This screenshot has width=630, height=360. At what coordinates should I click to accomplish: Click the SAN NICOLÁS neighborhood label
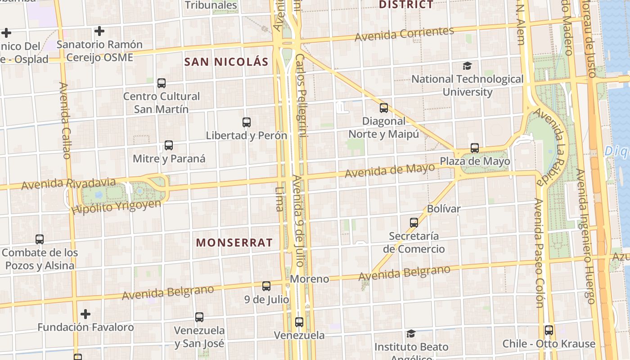(x=226, y=62)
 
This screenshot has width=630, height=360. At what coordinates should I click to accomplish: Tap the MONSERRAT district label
(x=234, y=243)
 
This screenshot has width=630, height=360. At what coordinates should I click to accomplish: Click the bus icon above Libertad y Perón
(x=246, y=122)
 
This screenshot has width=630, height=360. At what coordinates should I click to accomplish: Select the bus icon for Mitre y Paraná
(x=169, y=145)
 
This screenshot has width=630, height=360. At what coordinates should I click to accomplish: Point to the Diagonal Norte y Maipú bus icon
(x=383, y=108)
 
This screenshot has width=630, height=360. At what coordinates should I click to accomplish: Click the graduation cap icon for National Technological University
(x=468, y=66)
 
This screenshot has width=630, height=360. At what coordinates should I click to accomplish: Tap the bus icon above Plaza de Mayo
(x=475, y=148)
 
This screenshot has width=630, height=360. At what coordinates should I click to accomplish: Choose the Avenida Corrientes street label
(x=404, y=34)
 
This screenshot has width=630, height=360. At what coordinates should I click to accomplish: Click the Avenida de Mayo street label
(x=390, y=170)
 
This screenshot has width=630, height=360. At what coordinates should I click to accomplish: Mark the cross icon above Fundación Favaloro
(x=85, y=314)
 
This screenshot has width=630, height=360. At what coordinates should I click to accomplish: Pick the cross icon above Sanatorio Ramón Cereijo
(x=99, y=31)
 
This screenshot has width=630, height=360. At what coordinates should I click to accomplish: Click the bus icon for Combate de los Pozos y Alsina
(x=40, y=239)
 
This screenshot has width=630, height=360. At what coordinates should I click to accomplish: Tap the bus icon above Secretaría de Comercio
(x=414, y=222)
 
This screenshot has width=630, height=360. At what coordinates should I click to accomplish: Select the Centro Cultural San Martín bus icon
(x=162, y=83)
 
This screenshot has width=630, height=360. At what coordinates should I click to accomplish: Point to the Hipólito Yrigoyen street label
(x=116, y=207)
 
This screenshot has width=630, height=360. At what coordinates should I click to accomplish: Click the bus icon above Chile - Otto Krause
(x=549, y=330)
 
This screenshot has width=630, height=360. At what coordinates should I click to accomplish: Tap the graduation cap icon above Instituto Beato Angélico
(x=411, y=333)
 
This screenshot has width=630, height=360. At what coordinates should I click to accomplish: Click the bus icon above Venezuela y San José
(x=199, y=317)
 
